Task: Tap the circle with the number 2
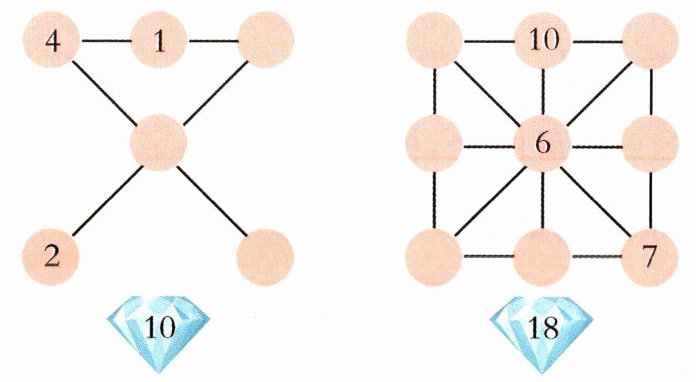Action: (52, 257)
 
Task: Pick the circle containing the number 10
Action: (542, 40)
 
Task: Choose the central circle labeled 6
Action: (542, 145)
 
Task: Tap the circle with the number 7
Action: (651, 257)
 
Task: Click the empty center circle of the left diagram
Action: (159, 143)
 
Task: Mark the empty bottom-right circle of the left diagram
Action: (266, 257)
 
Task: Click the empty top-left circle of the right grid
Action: (434, 40)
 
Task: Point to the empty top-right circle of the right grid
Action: (651, 40)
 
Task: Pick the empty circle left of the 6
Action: (434, 145)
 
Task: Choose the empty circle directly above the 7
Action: (651, 145)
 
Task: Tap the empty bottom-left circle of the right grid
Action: (434, 257)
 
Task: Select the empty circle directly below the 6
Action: (542, 257)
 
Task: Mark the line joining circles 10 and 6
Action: (542, 92)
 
